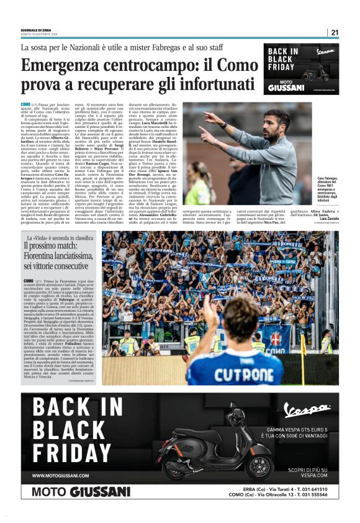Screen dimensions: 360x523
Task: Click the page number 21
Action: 335,32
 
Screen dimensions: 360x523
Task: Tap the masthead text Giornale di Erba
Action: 37,29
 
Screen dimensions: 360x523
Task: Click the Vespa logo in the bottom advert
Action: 306,409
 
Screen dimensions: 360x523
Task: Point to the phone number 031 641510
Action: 308,489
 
